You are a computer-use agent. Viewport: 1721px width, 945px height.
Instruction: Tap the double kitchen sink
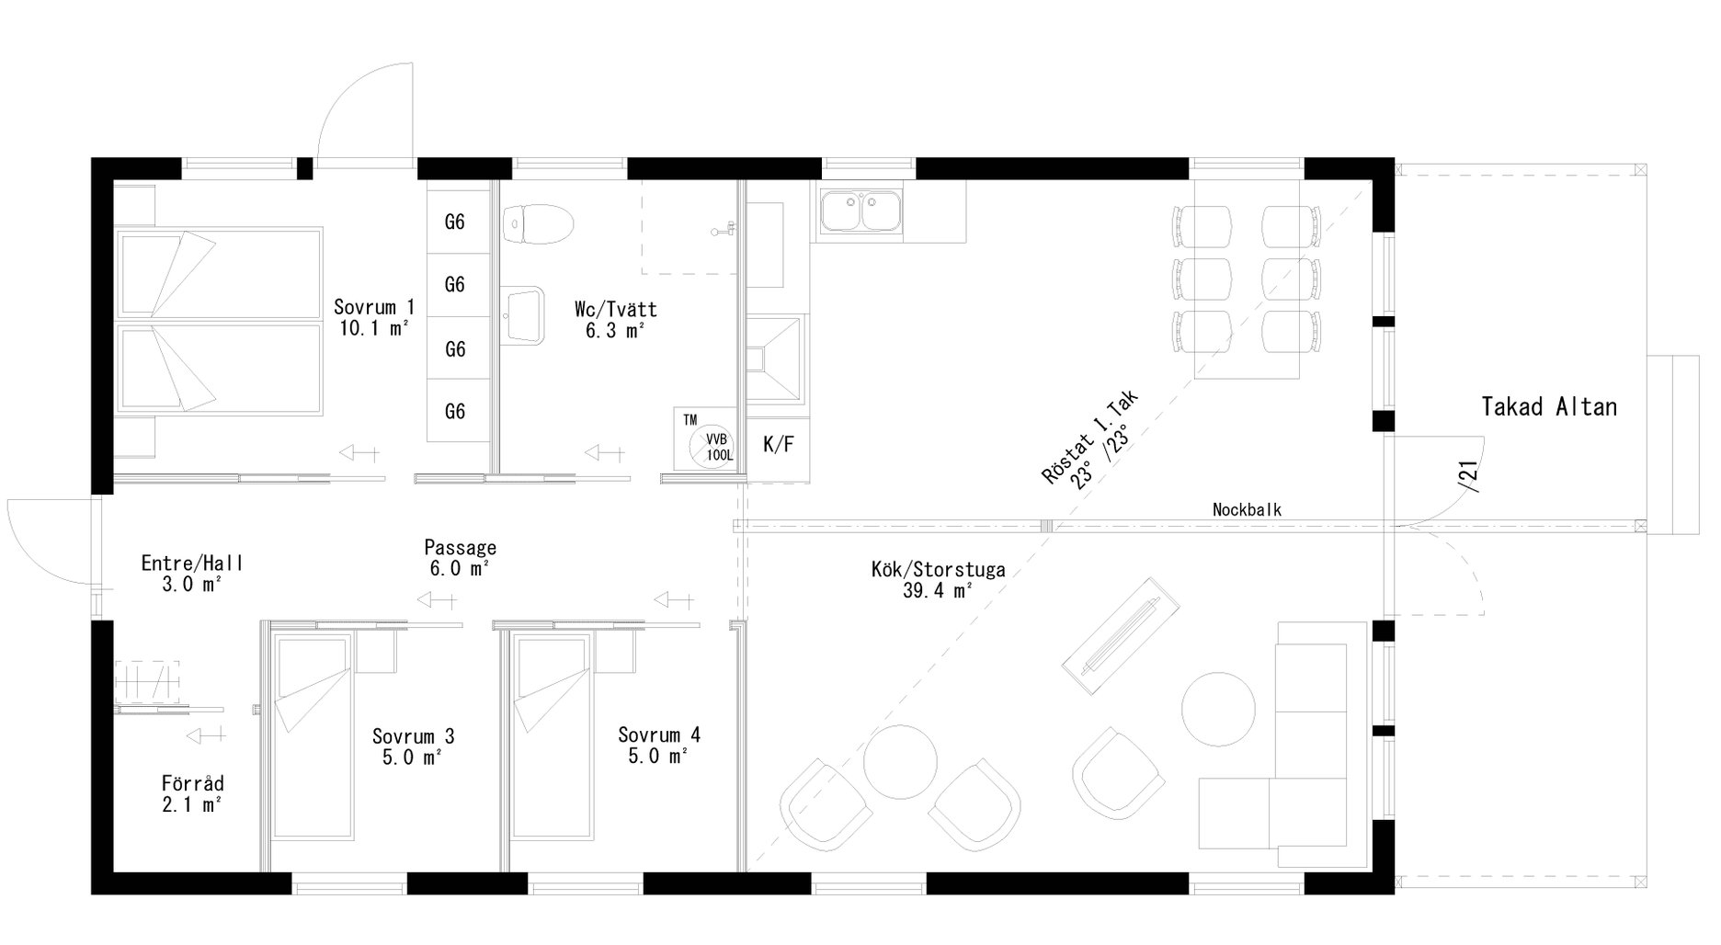[862, 211]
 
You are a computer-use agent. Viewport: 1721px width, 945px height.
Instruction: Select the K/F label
[778, 446]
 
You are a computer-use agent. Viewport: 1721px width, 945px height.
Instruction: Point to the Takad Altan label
[1549, 406]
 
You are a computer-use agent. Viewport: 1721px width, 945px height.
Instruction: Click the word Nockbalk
[1247, 509]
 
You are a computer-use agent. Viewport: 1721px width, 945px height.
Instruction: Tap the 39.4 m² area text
[938, 591]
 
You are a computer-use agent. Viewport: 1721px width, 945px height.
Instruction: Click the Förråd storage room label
[193, 794]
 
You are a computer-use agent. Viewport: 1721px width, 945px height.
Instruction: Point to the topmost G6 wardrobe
[455, 222]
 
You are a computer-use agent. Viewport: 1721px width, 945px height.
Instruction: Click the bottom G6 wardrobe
[455, 411]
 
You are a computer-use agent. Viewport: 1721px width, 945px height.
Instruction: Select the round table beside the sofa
[1218, 709]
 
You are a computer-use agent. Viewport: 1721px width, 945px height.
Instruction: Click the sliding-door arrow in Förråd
[206, 734]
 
